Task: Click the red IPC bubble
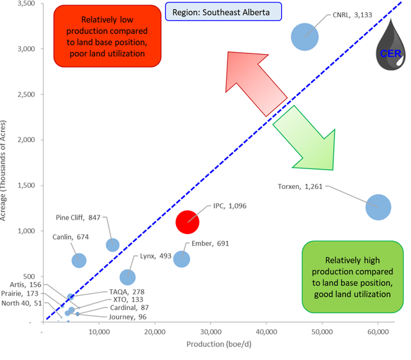coord(188,222)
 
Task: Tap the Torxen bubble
coord(378,208)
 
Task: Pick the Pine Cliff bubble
coord(112,244)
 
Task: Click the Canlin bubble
coord(79,260)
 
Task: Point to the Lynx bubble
coord(128,276)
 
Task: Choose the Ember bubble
coord(182,258)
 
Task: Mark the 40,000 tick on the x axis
coord(266,331)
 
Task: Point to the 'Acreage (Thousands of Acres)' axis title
coord(7,161)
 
